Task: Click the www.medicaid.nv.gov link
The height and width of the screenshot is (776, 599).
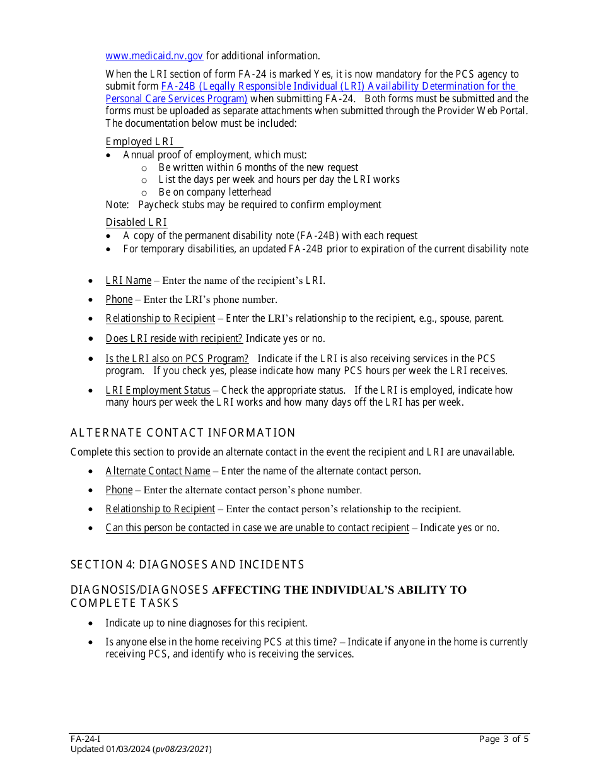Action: point(154,56)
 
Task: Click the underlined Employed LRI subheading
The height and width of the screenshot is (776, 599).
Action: point(139,142)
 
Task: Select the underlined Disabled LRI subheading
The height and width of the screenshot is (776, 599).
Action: point(136,222)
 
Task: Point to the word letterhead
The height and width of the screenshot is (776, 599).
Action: point(249,192)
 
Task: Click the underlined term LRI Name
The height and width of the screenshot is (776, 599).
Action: point(129,281)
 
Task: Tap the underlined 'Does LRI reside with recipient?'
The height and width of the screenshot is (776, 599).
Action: point(174,339)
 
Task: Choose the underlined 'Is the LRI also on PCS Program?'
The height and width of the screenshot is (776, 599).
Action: point(177,359)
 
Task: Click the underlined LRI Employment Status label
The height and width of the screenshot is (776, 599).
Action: point(158,391)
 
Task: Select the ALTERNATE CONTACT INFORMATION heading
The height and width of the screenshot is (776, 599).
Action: point(183,433)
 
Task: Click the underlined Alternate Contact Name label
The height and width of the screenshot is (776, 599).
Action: point(158,471)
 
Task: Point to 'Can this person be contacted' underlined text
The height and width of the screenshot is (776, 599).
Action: point(257,528)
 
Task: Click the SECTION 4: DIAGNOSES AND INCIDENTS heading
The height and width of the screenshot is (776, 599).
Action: point(187,565)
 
